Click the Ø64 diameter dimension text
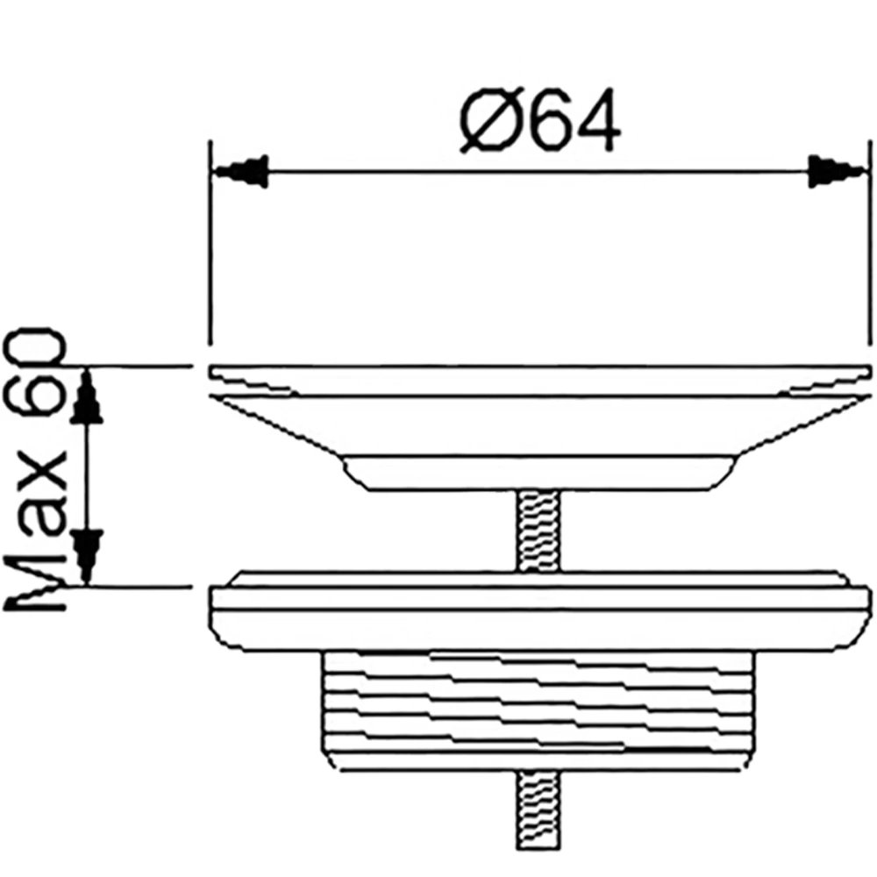539,120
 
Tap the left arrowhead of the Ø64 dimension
240,171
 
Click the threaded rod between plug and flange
539,531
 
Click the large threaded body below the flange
538,711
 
